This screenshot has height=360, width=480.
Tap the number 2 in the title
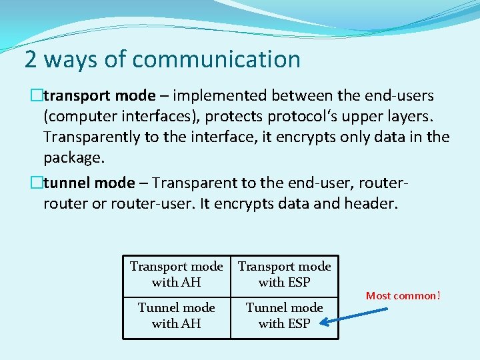tap(30, 60)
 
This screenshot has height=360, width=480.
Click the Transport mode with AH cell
tap(177, 274)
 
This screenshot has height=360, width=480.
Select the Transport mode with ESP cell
tap(285, 274)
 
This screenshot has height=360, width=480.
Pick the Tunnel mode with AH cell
tap(177, 315)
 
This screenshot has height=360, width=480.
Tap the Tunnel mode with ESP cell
tap(285, 315)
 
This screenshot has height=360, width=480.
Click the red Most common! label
tap(403, 295)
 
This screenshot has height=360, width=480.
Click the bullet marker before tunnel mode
tap(37, 182)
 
